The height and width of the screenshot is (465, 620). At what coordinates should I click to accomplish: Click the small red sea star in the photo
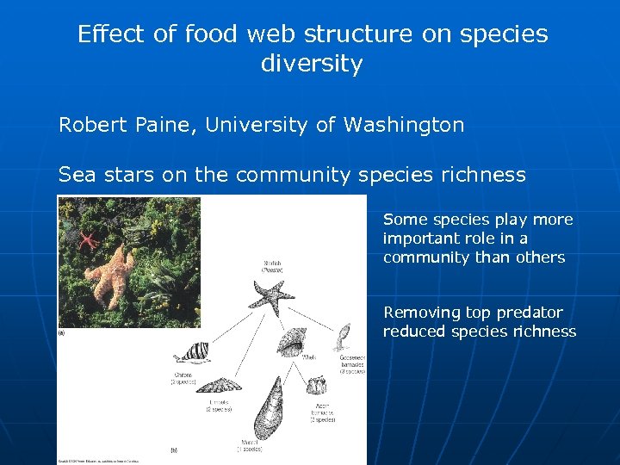87,239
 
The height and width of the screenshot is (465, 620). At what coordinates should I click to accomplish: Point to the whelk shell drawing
288,342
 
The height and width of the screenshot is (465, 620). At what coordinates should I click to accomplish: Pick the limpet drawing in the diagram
222,385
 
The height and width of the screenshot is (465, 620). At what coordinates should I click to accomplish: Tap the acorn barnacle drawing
318,385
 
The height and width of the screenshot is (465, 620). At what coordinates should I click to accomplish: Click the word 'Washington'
404,125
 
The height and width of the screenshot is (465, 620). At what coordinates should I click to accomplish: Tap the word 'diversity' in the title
312,64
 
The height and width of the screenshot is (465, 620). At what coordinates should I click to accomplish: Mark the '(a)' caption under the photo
61,332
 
